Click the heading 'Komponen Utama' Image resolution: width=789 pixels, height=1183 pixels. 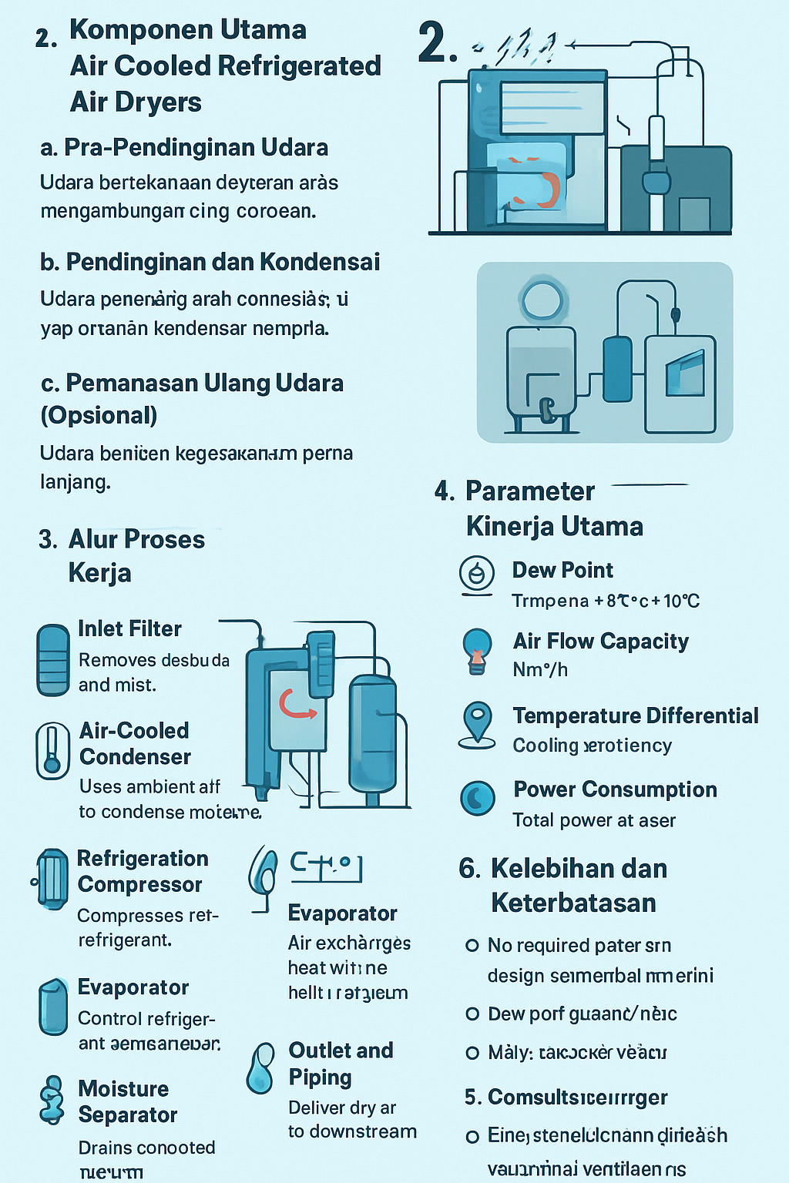point(187,31)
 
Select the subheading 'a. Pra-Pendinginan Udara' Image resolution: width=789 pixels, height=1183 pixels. point(184,147)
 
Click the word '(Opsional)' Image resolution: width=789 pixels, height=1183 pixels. point(99,415)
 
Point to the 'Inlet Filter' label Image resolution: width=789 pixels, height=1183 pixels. point(129,628)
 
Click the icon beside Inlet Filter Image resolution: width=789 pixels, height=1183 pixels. point(53,660)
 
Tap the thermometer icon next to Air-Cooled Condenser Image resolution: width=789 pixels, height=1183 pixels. point(52,750)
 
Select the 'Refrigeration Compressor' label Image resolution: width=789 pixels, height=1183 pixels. point(142,871)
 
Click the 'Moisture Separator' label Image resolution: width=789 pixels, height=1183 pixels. point(127,1101)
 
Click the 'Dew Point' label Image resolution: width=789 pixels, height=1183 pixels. point(562,570)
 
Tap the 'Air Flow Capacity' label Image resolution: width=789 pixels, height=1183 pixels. point(600,641)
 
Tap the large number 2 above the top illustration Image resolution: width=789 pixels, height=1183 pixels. point(436,43)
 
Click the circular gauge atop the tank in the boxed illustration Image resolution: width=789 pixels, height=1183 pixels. point(541,300)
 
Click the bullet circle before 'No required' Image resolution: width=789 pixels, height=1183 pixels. point(472,945)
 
